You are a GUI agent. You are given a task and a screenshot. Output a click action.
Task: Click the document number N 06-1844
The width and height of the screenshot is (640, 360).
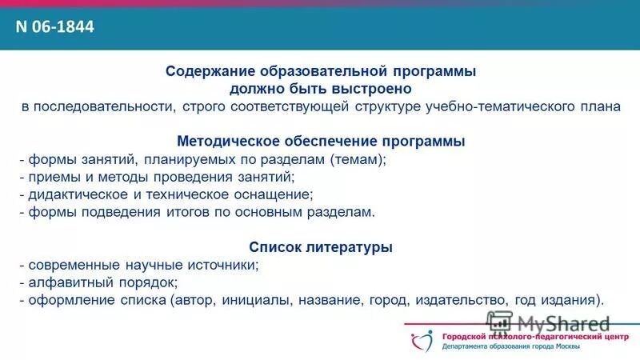(x=55, y=26)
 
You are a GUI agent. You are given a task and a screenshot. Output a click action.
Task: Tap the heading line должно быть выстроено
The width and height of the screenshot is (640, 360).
(x=321, y=89)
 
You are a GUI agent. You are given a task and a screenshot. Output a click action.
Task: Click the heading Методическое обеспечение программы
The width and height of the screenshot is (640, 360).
(x=321, y=142)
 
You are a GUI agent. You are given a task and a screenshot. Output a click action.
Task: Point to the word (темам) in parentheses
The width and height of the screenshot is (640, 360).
(x=358, y=159)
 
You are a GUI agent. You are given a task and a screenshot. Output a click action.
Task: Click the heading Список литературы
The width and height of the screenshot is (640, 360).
(x=321, y=248)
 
